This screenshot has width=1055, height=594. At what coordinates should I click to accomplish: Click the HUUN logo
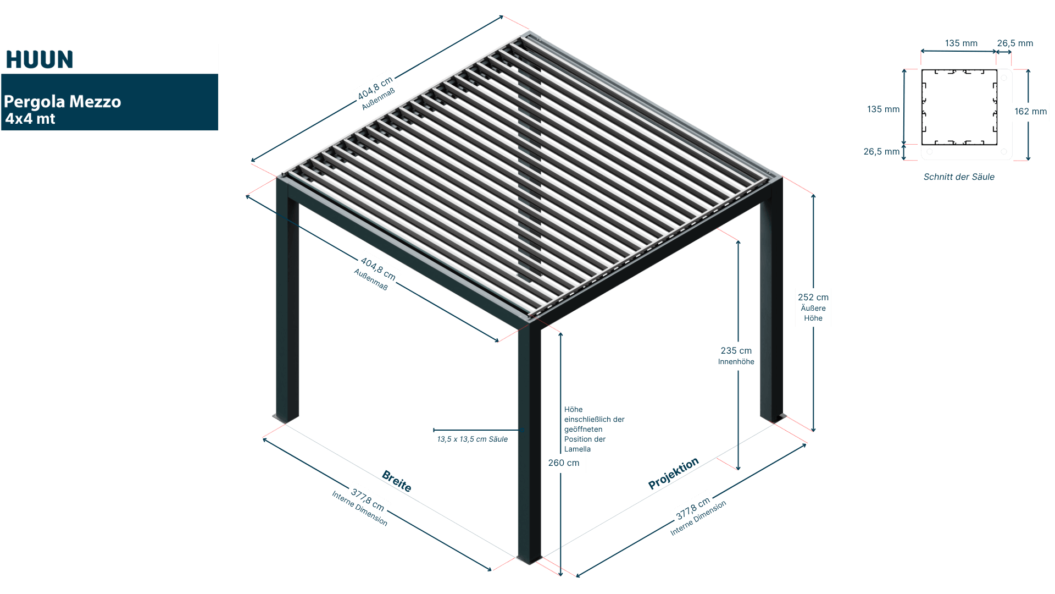click(x=40, y=59)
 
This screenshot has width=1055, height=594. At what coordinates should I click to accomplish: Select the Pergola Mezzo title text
click(x=62, y=102)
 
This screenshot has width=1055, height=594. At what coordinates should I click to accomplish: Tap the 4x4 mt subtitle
click(x=30, y=119)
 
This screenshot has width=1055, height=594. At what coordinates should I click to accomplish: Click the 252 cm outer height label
click(x=813, y=307)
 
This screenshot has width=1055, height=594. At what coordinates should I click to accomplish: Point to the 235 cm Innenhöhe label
click(x=736, y=355)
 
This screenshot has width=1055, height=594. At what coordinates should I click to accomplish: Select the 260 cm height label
click(x=563, y=463)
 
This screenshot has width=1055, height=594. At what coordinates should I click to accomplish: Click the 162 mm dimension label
click(x=1030, y=112)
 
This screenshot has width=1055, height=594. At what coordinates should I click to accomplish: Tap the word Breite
click(x=397, y=481)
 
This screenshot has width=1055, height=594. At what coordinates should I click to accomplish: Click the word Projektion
click(x=673, y=473)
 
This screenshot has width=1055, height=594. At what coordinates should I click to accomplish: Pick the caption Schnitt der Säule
click(x=959, y=177)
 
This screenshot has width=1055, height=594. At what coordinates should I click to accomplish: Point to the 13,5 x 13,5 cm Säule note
click(x=472, y=439)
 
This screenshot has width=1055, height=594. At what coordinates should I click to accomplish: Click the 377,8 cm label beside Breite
click(x=368, y=499)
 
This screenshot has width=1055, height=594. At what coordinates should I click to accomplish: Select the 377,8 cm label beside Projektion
click(x=693, y=507)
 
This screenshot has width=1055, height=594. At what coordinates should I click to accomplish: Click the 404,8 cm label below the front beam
click(x=377, y=269)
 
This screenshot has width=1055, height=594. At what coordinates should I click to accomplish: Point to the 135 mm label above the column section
click(x=961, y=43)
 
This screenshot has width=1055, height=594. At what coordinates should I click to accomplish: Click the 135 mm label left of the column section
click(x=883, y=109)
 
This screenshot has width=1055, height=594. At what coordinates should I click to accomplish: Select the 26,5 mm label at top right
click(x=1015, y=43)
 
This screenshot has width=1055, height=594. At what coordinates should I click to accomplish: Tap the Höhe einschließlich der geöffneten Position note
click(x=593, y=429)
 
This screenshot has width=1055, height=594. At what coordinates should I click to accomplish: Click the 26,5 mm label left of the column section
click(x=881, y=152)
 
